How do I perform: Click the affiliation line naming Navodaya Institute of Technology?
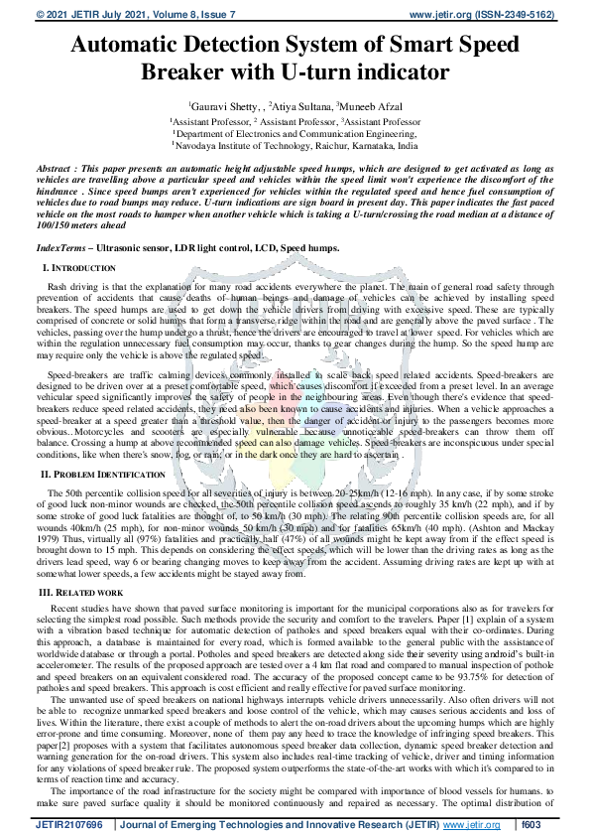pos(295,144)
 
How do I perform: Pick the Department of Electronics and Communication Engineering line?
pos(295,131)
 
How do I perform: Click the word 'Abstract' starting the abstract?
pos(56,172)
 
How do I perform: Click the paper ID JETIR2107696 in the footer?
pos(68,824)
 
